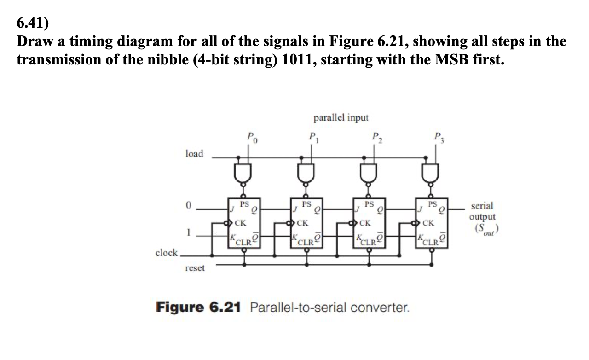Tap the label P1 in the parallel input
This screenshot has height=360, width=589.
pos(312,137)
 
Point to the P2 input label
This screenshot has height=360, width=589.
pos(375,137)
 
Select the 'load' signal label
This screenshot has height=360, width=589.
pos(194,154)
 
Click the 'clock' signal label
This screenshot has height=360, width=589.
pos(167,253)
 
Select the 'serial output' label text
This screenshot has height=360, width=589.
pos(482,211)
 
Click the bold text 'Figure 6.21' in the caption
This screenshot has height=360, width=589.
pos(199,307)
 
